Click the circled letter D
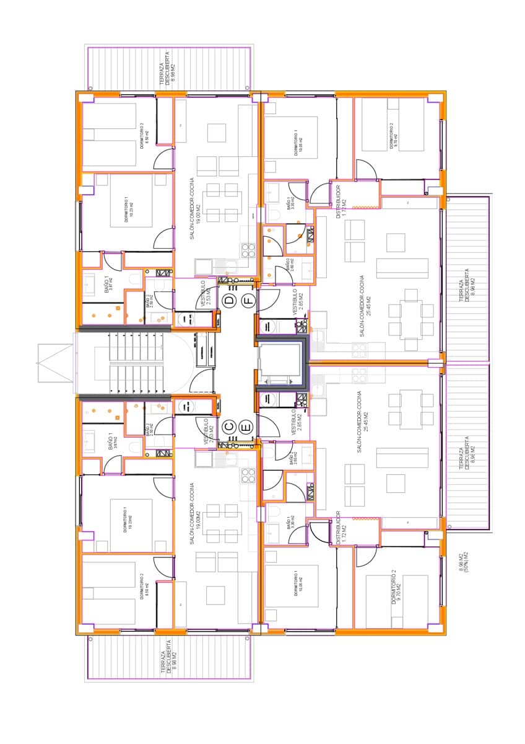[x=230, y=301]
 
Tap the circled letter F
[x=248, y=301]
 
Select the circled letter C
[x=229, y=426]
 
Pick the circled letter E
[x=246, y=427]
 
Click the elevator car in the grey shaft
[x=280, y=362]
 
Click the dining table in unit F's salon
[x=410, y=319]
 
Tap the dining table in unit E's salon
[x=410, y=409]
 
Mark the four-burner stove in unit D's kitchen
[x=248, y=250]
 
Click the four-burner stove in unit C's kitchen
[x=248, y=476]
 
